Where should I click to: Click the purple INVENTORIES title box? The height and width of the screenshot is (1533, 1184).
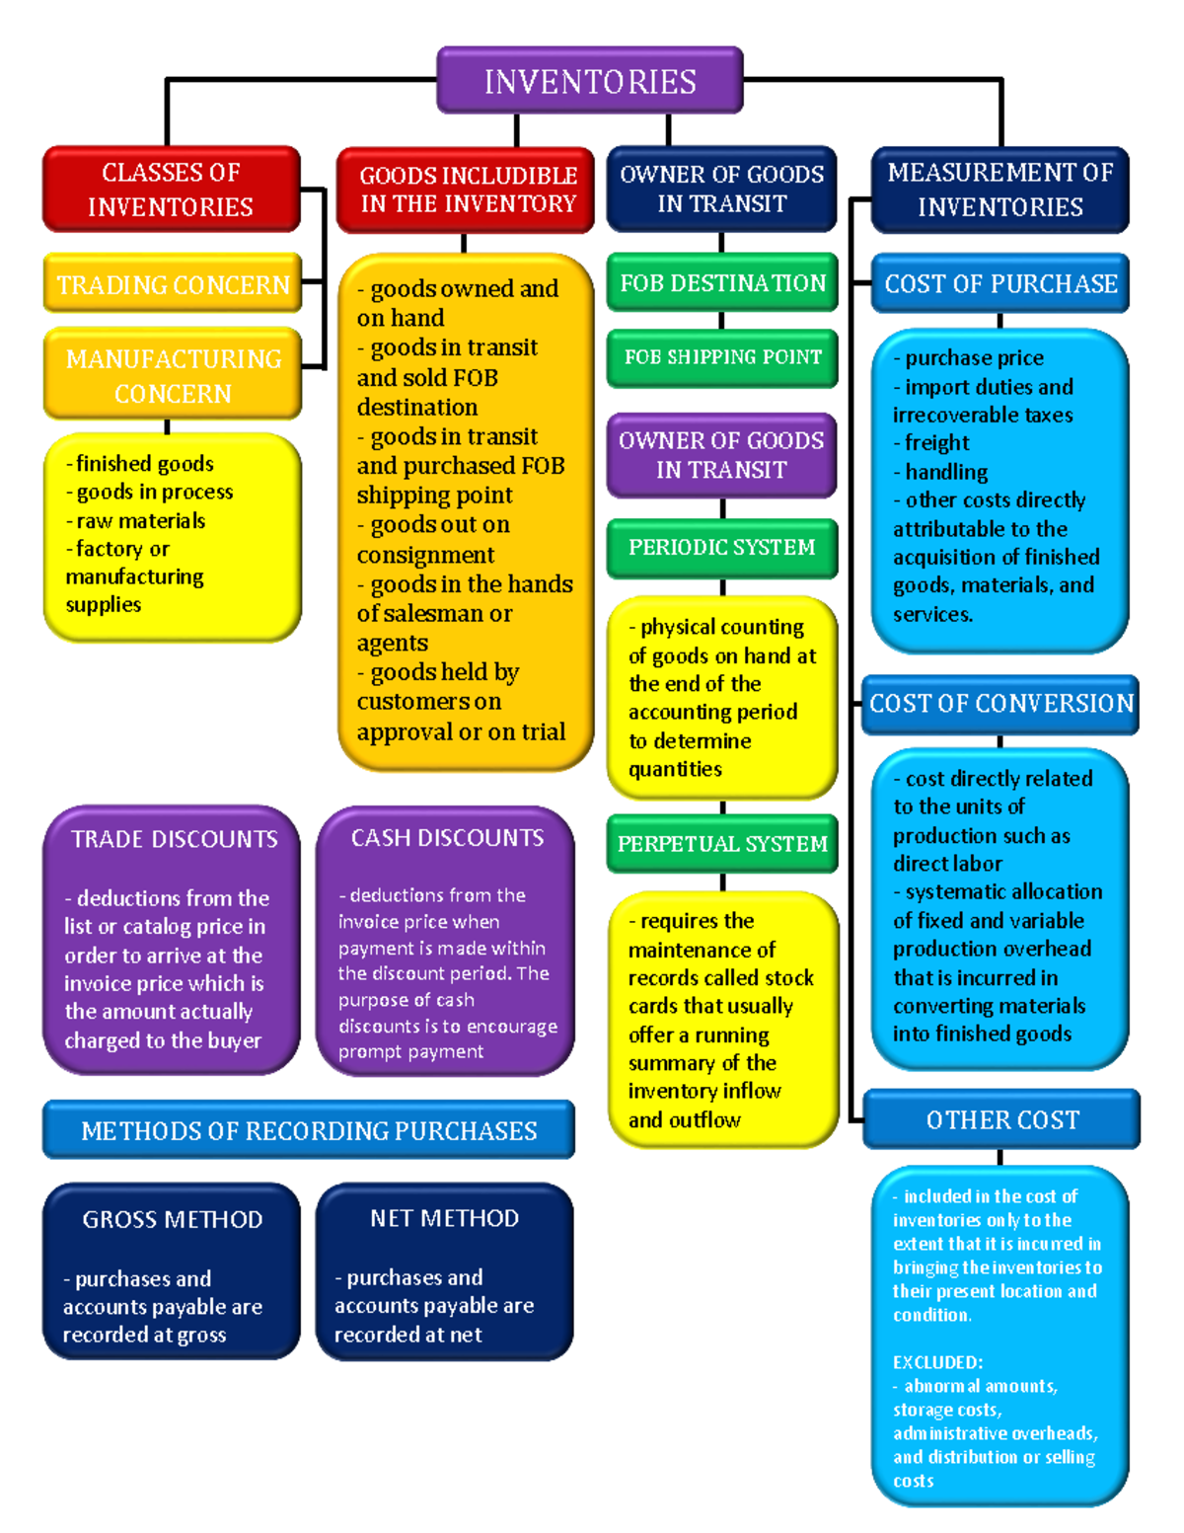(590, 81)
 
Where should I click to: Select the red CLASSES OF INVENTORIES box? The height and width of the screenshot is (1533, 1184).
(171, 190)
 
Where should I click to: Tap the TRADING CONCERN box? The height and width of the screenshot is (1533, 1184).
(173, 284)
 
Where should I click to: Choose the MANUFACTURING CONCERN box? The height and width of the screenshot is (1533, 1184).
(173, 375)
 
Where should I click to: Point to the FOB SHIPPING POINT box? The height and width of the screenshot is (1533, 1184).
(722, 357)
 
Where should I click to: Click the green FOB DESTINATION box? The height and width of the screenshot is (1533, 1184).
(722, 283)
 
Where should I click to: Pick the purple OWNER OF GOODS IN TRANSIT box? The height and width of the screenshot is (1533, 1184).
(721, 455)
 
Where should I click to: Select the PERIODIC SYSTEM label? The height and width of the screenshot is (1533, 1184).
(721, 547)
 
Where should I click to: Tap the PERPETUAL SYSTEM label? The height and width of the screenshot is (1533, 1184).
(722, 844)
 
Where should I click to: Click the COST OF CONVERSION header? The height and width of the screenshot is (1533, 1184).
(1000, 704)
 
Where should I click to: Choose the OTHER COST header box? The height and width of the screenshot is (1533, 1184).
(1001, 1119)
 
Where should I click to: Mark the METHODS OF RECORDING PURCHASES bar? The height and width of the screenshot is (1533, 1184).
(309, 1130)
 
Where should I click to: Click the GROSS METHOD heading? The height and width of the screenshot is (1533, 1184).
(173, 1219)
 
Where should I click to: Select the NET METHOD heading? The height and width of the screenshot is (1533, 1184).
(444, 1218)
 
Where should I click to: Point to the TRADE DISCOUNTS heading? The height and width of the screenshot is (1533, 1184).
(174, 839)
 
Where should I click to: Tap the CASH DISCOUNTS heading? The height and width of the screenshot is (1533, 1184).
(447, 838)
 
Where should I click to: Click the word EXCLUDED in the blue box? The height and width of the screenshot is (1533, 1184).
(936, 1362)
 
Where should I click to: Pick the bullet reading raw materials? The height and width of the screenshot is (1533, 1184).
(141, 520)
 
